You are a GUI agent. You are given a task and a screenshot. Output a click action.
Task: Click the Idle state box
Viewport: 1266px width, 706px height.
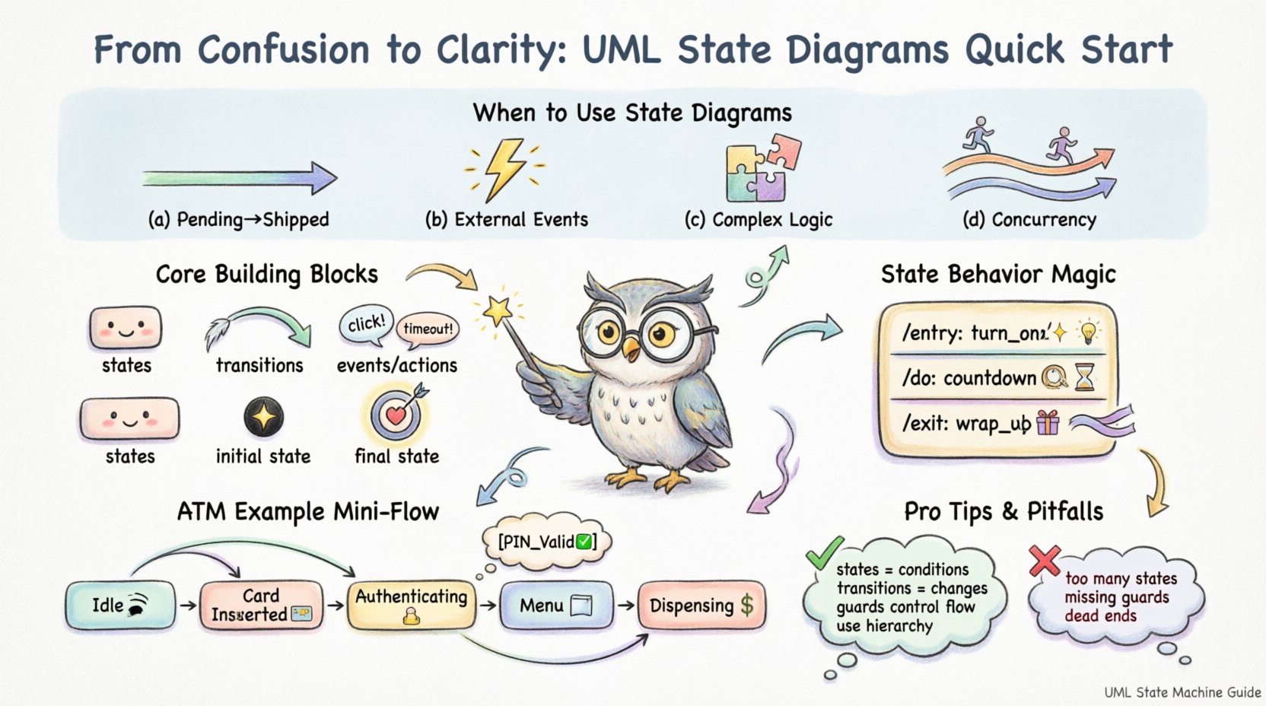pos(119,606)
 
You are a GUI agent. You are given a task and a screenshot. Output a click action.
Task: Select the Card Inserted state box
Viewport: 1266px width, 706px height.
pos(260,606)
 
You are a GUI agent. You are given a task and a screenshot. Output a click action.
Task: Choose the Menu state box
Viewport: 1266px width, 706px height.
pos(555,606)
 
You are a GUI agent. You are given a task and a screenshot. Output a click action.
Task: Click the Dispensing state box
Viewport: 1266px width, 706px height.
pos(701,606)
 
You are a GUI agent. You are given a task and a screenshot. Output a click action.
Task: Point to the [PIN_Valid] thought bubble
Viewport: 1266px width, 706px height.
pos(546,542)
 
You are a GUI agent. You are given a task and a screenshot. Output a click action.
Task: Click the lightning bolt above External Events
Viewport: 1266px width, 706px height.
pos(504,168)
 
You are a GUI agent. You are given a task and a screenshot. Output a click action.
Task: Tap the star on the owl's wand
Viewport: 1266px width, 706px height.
pos(498,310)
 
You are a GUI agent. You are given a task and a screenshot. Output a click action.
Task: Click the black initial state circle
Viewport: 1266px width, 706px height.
pos(263,418)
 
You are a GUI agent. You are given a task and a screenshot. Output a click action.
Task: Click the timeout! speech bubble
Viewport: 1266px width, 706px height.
pos(428,329)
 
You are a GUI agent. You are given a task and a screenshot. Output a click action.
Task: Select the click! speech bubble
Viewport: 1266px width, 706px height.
pos(366,324)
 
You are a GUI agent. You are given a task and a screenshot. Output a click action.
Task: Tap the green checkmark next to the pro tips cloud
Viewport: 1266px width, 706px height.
pos(824,553)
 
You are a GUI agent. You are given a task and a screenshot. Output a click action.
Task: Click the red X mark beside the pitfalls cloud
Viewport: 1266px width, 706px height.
pos(1044,561)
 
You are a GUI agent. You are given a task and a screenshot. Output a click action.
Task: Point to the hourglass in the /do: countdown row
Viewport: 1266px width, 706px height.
pos(1084,377)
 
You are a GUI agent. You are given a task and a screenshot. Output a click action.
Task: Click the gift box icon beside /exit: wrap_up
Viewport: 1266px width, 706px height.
pos(1048,422)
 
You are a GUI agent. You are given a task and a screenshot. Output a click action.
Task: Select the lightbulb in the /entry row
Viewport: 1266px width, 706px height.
pos(1089,332)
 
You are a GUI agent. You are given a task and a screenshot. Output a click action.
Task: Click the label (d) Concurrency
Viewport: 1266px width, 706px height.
pos(1029,220)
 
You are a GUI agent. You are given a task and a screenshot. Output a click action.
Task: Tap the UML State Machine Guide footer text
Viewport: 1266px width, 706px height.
pos(1182,692)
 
